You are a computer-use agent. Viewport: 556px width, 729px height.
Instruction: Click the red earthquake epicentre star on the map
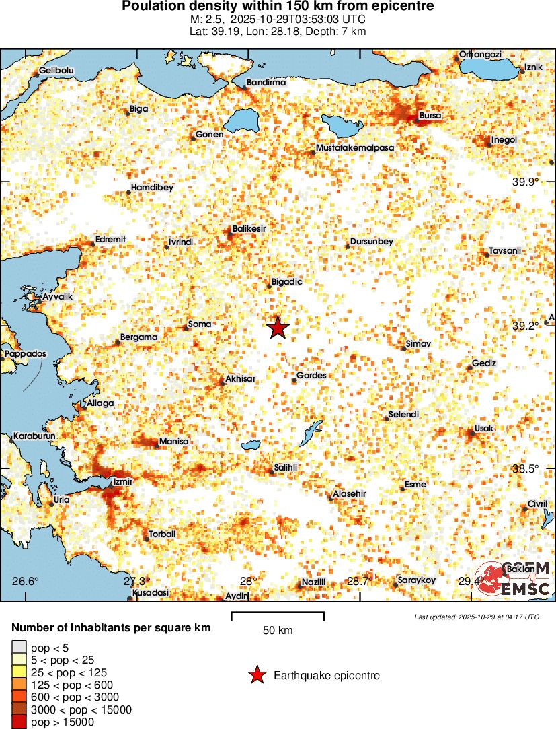tap(278, 328)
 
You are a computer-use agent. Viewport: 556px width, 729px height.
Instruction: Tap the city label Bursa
tap(430, 116)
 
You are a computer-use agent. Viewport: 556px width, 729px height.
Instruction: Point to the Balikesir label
tap(249, 229)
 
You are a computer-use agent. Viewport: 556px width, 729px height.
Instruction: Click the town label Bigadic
tap(286, 282)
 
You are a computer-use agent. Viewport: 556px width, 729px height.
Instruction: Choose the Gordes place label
tap(311, 376)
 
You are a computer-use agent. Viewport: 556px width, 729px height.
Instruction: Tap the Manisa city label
tap(173, 442)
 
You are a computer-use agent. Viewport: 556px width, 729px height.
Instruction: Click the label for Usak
tap(483, 429)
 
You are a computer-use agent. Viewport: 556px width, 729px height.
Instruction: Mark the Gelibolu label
tap(56, 70)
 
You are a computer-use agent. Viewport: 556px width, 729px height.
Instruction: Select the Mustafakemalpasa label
tap(354, 147)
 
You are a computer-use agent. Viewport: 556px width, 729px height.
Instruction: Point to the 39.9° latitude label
tap(526, 182)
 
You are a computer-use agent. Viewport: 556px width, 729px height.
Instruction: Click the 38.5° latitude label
tap(526, 468)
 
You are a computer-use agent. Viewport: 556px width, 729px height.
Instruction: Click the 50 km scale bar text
tap(278, 631)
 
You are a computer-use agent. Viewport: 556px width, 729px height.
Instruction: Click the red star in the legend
tap(256, 675)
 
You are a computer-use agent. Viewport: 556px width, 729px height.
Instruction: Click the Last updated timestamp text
tap(476, 617)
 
